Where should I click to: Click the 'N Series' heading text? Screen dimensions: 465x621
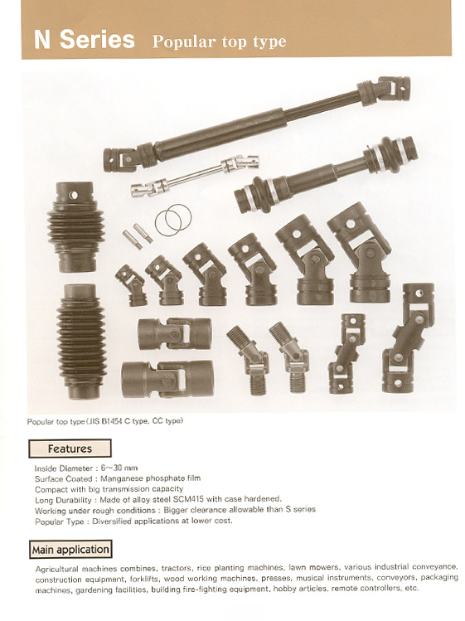pyautogui.click(x=85, y=40)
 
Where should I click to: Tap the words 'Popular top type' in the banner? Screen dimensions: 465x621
pyautogui.click(x=219, y=42)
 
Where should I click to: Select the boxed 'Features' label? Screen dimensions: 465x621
pyautogui.click(x=70, y=449)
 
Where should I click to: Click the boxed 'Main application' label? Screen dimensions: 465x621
pyautogui.click(x=70, y=550)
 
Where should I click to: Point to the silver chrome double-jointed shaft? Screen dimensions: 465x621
pyautogui.click(x=195, y=176)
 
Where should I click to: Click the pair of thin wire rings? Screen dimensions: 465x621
pyautogui.click(x=173, y=220)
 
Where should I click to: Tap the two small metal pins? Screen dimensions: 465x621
pyautogui.click(x=138, y=236)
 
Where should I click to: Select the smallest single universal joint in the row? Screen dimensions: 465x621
pyautogui.click(x=132, y=285)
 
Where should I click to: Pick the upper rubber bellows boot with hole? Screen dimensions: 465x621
pyautogui.click(x=76, y=226)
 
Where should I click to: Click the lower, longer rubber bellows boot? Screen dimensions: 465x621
pyautogui.click(x=81, y=342)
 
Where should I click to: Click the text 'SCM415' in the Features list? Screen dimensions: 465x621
pyautogui.click(x=187, y=499)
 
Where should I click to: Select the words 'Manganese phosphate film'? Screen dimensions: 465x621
pyautogui.click(x=151, y=478)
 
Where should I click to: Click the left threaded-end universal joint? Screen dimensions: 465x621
pyautogui.click(x=249, y=360)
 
